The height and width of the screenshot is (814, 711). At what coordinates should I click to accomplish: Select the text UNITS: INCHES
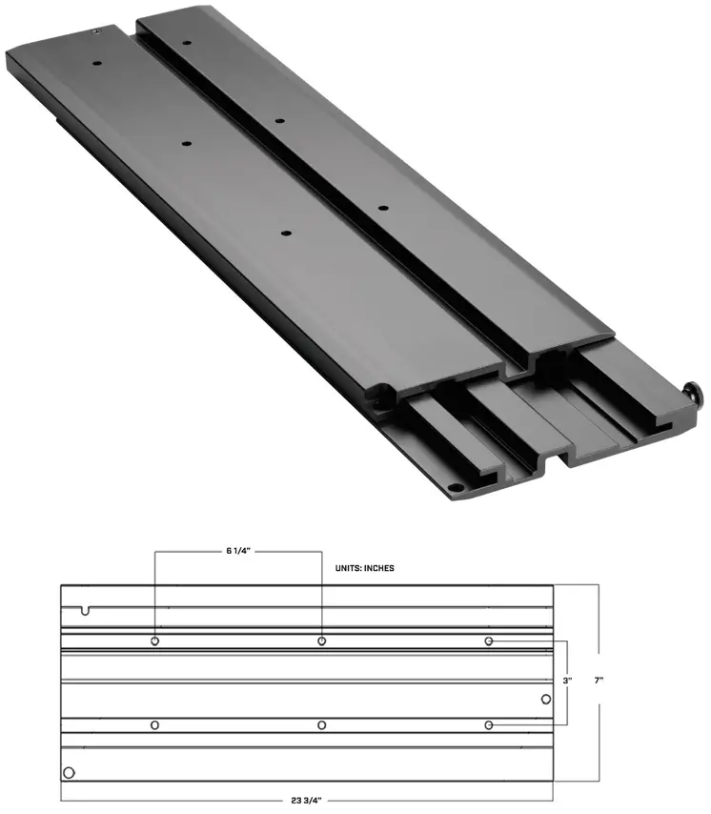pos(364,568)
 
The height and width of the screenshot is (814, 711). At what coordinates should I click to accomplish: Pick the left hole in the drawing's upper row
pos(154,641)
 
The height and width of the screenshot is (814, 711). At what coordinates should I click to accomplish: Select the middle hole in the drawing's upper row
pos(322,641)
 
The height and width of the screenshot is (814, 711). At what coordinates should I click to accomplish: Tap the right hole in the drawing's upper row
pos(489,641)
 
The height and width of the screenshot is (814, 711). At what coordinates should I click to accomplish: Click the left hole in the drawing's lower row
pos(154,725)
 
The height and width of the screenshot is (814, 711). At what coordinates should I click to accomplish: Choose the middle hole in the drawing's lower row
pos(322,725)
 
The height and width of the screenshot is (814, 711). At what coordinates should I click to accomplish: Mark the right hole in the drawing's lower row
pos(489,725)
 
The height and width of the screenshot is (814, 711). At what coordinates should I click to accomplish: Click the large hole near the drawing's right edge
pos(545,700)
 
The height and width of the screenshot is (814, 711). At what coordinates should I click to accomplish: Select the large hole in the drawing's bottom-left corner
pos(68,772)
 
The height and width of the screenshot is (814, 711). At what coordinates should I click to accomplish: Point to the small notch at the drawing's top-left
pos(86,609)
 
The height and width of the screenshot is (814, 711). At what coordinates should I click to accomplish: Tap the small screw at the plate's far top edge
pos(97,32)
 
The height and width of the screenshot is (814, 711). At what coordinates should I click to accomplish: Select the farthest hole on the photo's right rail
pos(188,44)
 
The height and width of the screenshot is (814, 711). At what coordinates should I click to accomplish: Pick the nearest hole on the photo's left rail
pos(285,234)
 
